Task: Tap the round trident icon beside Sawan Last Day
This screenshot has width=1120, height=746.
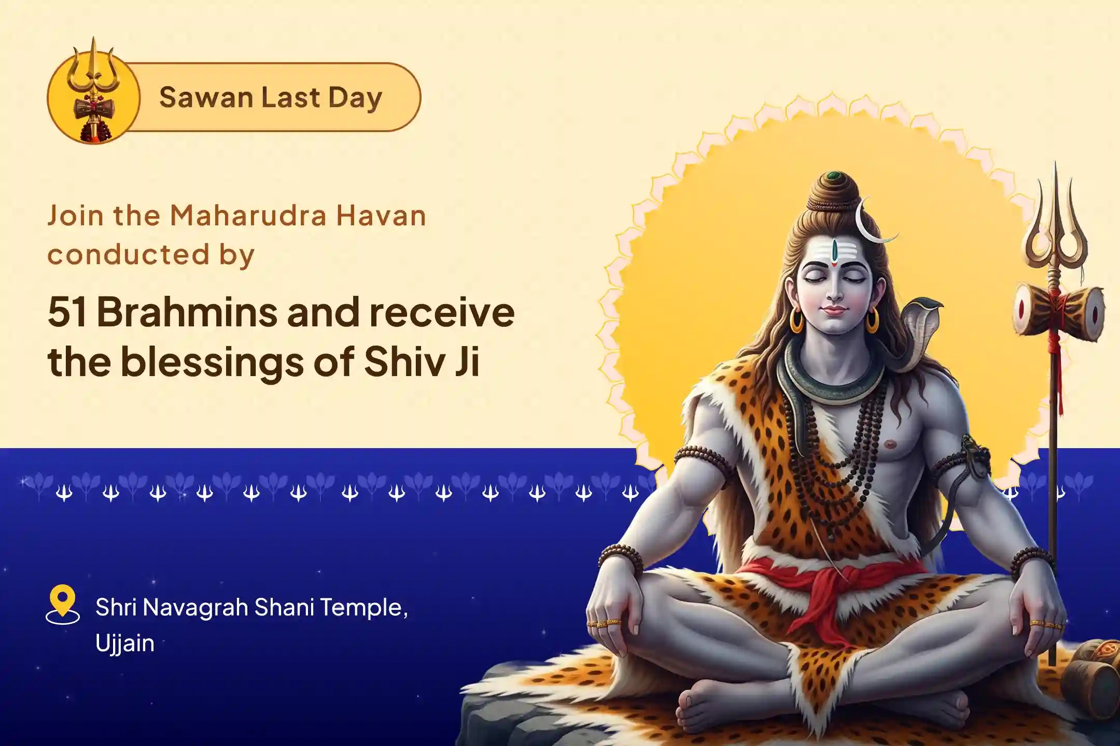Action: click(x=93, y=97)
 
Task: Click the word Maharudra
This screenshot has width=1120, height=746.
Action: click(x=248, y=216)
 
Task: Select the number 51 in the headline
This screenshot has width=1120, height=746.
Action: click(x=67, y=312)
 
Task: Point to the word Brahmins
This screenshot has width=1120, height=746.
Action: click(x=187, y=312)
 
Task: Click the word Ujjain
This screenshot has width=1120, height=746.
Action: click(x=125, y=644)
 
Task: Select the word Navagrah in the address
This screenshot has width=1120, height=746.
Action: click(x=195, y=607)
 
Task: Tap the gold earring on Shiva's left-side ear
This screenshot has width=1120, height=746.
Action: click(x=796, y=321)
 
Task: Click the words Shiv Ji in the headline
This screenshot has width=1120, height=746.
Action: click(x=421, y=362)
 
